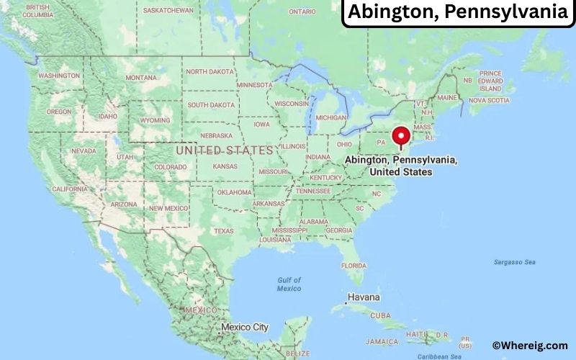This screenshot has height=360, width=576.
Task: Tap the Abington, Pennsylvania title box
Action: click(459, 13)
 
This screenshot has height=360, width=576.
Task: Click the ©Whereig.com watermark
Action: click(529, 346)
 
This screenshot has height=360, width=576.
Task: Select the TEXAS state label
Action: click(224, 231)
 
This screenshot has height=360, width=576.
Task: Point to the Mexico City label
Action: click(244, 327)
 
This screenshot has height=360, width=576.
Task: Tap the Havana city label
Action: click(364, 297)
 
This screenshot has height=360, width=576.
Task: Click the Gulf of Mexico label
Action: click(289, 284)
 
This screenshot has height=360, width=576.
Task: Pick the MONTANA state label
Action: click(140, 78)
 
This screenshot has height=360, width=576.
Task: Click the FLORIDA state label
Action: click(354, 265)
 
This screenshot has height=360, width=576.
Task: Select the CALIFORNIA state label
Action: click(70, 189)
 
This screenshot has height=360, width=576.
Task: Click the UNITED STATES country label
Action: click(225, 150)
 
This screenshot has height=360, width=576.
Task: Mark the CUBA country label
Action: click(380, 316)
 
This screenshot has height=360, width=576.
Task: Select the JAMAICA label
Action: click(382, 341)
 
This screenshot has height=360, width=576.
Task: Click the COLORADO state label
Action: click(170, 167)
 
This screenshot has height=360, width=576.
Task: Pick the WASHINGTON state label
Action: click(59, 76)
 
